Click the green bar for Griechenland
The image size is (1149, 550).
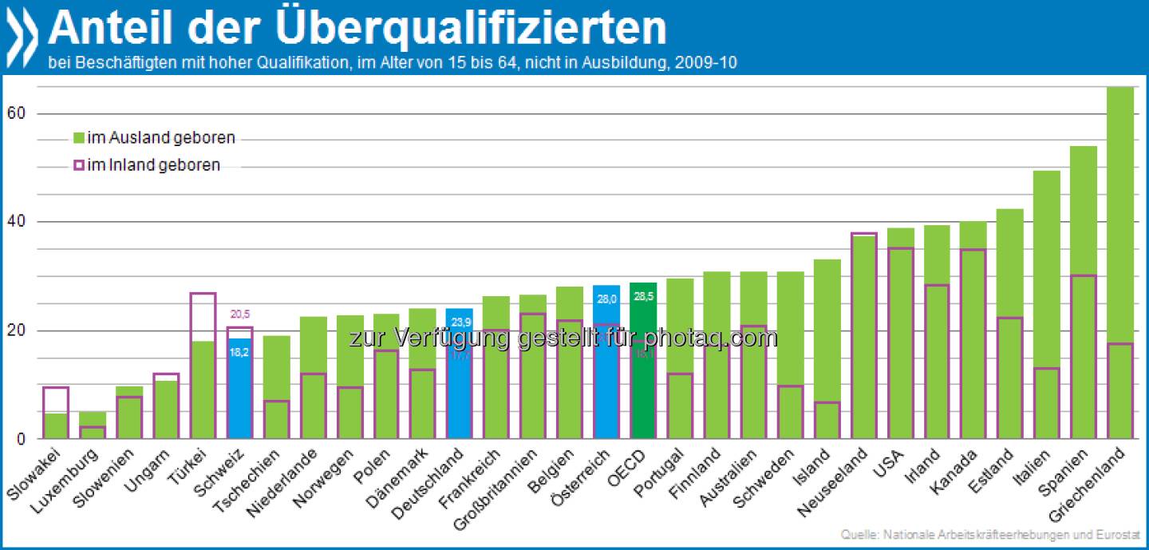(1121, 263)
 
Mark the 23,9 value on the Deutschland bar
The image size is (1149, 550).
(459, 323)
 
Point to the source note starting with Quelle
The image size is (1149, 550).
(989, 535)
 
